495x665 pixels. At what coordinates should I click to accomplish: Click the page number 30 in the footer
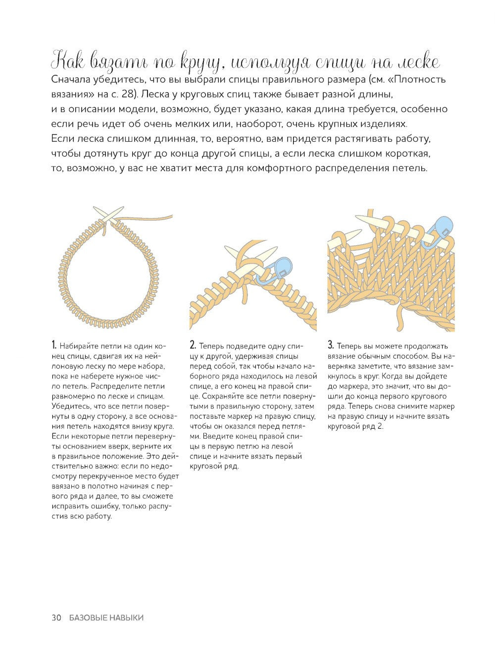pos(56,617)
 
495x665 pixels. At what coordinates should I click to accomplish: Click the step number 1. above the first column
pos(54,345)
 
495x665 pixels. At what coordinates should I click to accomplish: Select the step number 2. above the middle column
pos(193,345)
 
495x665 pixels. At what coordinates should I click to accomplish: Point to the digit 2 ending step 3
pos(380,426)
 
